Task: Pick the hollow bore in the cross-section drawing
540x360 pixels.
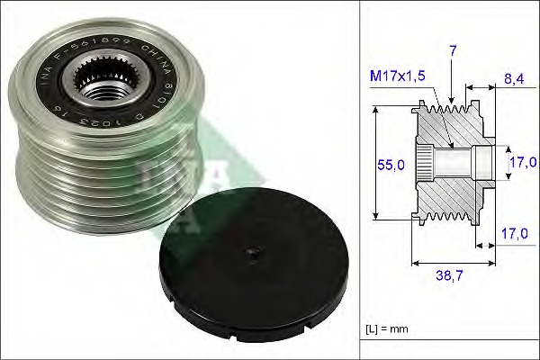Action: (454, 165)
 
